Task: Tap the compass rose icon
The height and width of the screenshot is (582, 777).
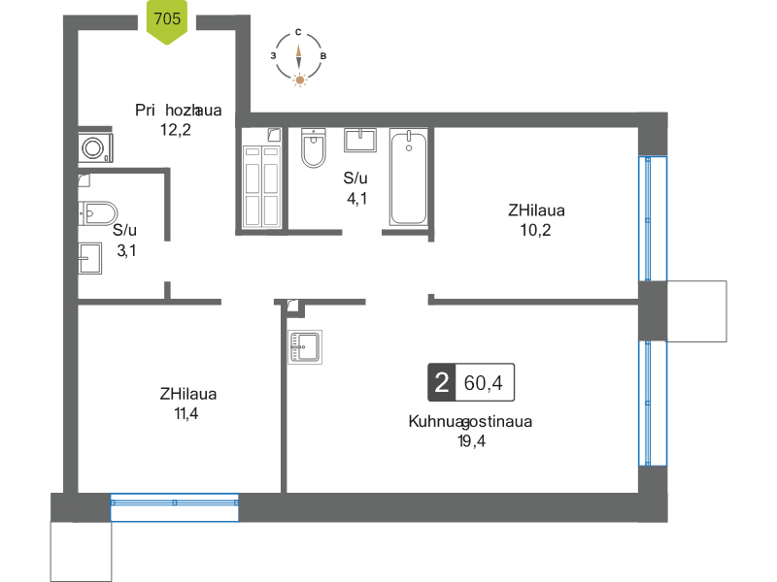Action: [298, 59]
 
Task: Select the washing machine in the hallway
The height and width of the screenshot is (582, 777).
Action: [94, 147]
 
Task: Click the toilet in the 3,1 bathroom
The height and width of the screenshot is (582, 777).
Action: [97, 211]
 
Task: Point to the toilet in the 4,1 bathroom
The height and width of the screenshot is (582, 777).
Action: [313, 147]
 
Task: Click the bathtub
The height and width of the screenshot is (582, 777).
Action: [408, 178]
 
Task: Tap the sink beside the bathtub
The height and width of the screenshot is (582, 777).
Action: [361, 140]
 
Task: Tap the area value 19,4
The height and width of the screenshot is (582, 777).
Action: [471, 441]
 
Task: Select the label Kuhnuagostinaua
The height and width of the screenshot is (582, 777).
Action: [470, 423]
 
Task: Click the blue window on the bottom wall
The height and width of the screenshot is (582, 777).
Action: [175, 503]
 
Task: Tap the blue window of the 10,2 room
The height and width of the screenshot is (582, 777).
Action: [653, 219]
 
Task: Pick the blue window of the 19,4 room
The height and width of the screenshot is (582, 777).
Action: [653, 404]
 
